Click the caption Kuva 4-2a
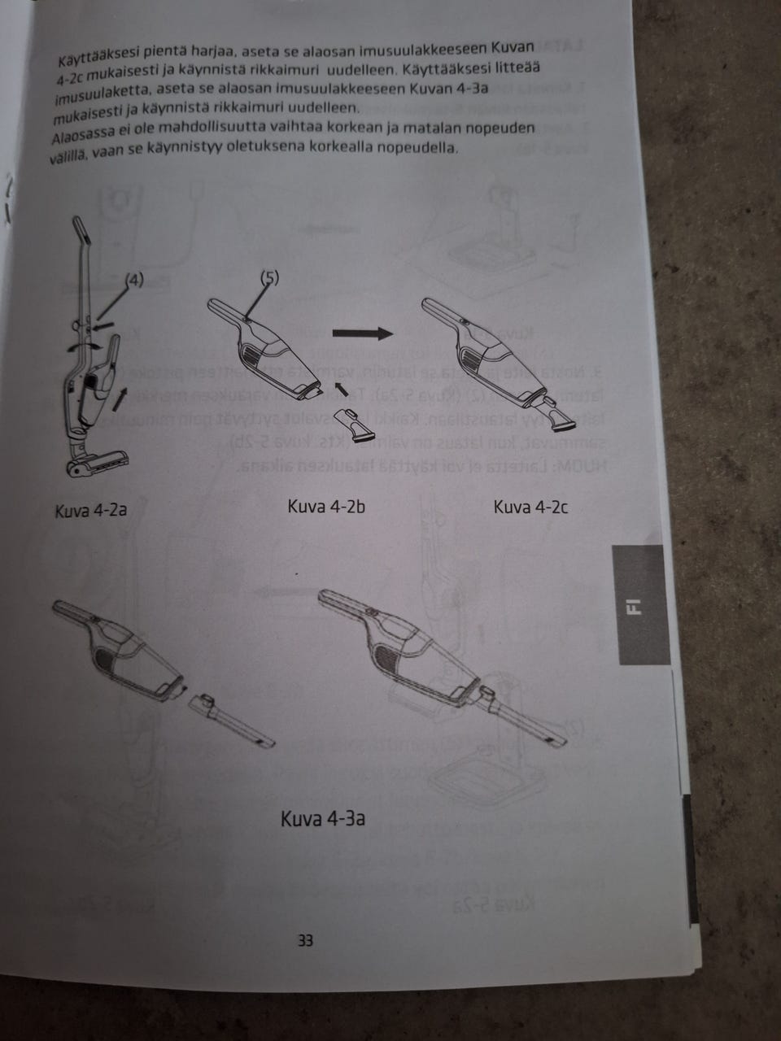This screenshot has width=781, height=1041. [x=90, y=511]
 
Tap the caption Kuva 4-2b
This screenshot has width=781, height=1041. [x=326, y=507]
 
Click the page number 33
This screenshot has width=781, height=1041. [x=305, y=941]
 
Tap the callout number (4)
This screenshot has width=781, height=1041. [x=134, y=281]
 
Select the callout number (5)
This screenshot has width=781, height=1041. [x=270, y=277]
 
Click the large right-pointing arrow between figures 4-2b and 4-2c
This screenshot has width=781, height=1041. [x=363, y=333]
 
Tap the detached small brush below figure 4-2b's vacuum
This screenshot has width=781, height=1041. [x=356, y=423]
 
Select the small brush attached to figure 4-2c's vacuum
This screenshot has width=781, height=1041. [x=561, y=416]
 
